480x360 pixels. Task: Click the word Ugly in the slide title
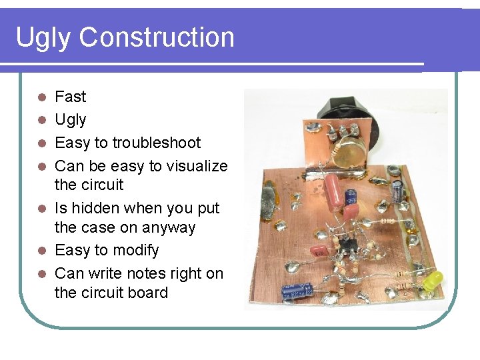pyautogui.click(x=43, y=37)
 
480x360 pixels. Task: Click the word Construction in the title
pyautogui.click(x=157, y=37)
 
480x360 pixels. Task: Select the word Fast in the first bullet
pyautogui.click(x=70, y=97)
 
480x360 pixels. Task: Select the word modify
pyautogui.click(x=137, y=251)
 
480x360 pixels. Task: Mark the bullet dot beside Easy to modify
pyautogui.click(x=41, y=251)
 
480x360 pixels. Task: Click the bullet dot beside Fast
pyautogui.click(x=41, y=97)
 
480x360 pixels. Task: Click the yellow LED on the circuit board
pyautogui.click(x=434, y=279)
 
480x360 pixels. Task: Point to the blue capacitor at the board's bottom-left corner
pyautogui.click(x=297, y=291)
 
